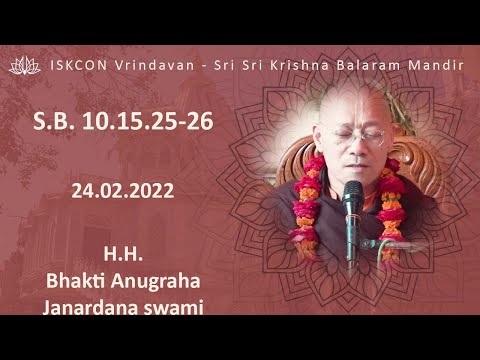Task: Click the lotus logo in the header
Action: (x=24, y=65)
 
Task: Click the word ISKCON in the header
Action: (x=77, y=65)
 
